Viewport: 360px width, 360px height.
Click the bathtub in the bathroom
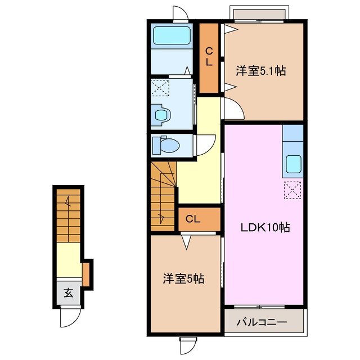pos(172,37)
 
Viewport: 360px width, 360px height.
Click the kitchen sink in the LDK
pos(293,164)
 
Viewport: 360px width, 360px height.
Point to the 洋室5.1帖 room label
pos(260,71)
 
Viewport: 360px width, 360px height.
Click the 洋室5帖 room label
pos(184,278)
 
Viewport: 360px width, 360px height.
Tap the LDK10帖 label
pos(266,228)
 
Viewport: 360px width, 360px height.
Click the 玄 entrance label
pos(68,293)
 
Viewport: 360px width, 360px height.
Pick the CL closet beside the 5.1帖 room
pos(209,57)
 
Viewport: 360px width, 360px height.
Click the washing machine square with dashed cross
pos(160,89)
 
